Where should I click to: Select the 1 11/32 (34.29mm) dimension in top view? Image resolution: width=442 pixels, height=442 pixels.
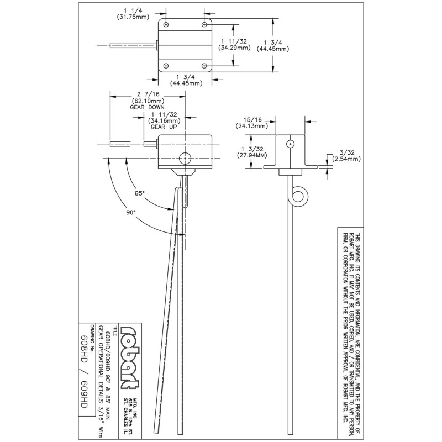(x=234, y=45)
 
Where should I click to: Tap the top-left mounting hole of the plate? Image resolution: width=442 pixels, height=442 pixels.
(x=166, y=24)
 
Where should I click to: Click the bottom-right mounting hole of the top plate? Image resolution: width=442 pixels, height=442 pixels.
(x=205, y=66)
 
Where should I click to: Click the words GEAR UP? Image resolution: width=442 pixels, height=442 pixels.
(x=164, y=127)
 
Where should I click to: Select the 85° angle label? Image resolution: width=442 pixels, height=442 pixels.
(x=140, y=193)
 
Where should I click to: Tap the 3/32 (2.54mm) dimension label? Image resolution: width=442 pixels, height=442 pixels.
(x=345, y=156)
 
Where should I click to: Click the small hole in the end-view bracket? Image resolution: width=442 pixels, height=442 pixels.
(x=290, y=144)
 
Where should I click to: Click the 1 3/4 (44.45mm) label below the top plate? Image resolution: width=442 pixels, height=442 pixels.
(x=188, y=80)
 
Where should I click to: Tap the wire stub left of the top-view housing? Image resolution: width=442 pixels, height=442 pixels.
(x=133, y=45)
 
